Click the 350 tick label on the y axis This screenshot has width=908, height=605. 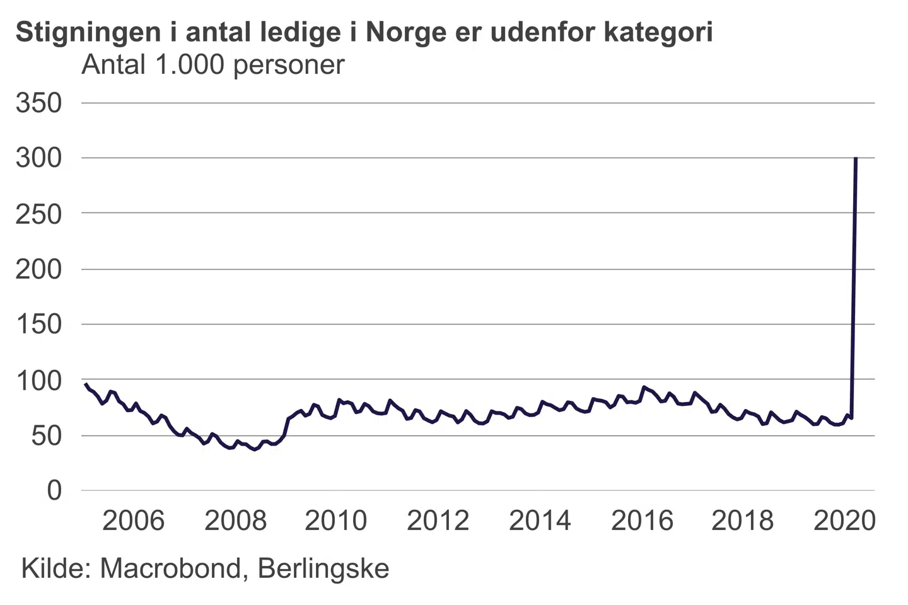tap(39, 103)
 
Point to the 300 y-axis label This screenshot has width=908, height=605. tap(39, 158)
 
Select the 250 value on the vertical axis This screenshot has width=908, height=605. tap(39, 214)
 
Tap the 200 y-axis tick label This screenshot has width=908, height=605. tap(39, 269)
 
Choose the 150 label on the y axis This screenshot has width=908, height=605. tap(39, 325)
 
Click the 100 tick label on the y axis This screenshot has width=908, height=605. tap(39, 380)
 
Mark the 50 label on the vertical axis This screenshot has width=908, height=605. tap(47, 435)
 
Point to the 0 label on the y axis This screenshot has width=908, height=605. tap(55, 490)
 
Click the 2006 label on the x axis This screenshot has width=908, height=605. tap(133, 521)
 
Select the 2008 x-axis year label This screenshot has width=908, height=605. tap(235, 521)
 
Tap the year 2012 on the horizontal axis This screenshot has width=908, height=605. tap(438, 521)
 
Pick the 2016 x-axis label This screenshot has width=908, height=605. tap(642, 521)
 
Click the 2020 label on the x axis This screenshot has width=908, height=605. tap(845, 521)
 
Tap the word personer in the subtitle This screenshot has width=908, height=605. tap(289, 65)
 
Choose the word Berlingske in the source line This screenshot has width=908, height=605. tap(323, 568)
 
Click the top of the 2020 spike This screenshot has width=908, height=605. tap(856, 158)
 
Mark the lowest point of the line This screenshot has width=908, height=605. tap(254, 449)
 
